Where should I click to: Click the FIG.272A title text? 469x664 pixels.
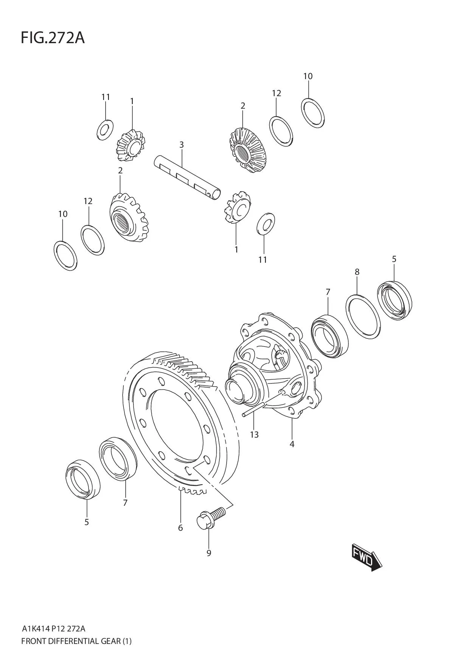tap(53, 38)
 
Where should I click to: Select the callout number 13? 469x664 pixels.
tap(254, 435)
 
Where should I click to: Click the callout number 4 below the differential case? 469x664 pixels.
tap(292, 444)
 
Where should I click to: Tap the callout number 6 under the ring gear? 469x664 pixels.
tap(180, 528)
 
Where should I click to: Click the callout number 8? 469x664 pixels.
tap(357, 272)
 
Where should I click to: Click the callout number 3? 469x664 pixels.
tap(182, 145)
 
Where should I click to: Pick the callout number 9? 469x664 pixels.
tap(209, 553)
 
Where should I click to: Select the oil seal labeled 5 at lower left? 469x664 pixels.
tap(82, 479)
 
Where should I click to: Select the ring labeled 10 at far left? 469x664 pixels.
tap(65, 255)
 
